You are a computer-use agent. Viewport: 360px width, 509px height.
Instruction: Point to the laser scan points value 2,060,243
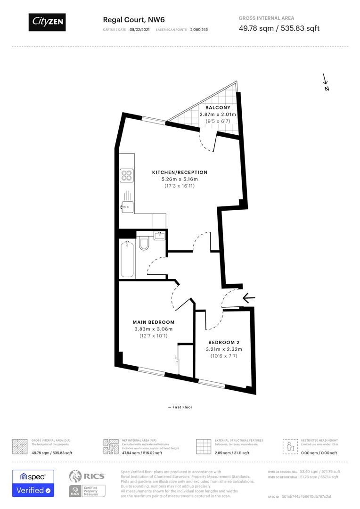pyautogui.click(x=199, y=30)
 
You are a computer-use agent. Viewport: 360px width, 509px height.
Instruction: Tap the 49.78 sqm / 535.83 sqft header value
pyautogui.click(x=279, y=28)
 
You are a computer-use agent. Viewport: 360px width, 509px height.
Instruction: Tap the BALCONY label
pyautogui.click(x=217, y=108)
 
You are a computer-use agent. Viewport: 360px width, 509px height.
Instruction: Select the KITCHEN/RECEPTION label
pyautogui.click(x=180, y=172)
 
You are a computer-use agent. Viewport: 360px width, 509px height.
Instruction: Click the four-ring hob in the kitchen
pyautogui.click(x=126, y=175)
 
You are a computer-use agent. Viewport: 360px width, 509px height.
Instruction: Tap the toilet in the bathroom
pyautogui.click(x=145, y=243)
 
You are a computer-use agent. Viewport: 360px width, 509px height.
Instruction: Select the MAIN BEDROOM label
pyautogui.click(x=154, y=322)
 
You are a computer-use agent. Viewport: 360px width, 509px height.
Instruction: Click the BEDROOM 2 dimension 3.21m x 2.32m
pyautogui.click(x=224, y=349)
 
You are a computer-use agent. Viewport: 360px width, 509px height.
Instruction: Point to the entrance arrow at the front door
pyautogui.click(x=248, y=298)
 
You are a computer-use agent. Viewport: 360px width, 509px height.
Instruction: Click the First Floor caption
pyautogui.click(x=180, y=407)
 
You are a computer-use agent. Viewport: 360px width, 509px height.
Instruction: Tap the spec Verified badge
pyautogui.click(x=33, y=483)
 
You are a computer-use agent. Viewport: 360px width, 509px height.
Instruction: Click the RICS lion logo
pyautogui.click(x=77, y=476)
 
